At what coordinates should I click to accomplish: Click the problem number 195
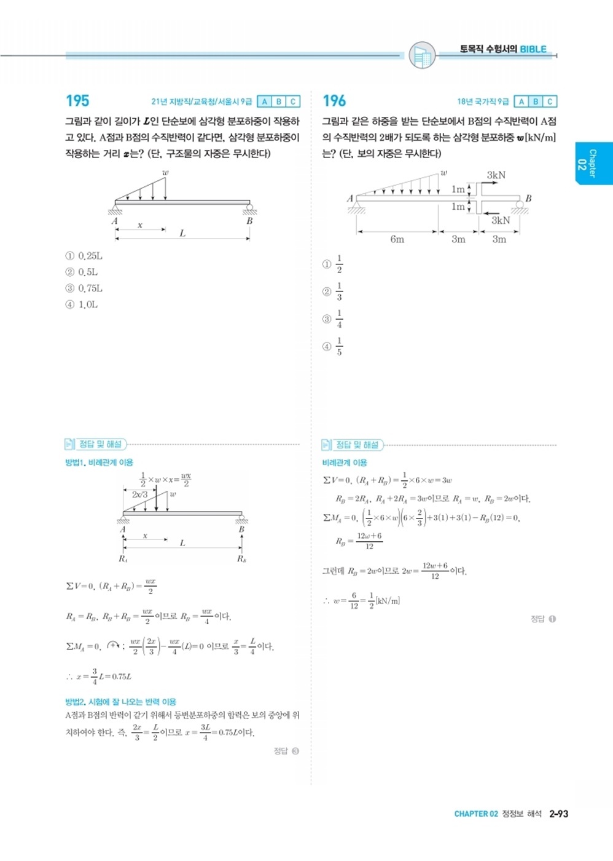tap(77, 101)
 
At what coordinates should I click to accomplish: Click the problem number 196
tap(334, 101)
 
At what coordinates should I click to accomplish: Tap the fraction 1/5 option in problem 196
tap(339, 346)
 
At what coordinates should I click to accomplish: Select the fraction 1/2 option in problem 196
tap(339, 264)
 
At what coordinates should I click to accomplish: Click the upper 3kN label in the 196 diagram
tap(496, 175)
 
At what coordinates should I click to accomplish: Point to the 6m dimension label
tap(397, 239)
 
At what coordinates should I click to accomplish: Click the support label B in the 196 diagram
tap(528, 199)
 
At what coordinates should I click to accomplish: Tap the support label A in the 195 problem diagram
tap(114, 221)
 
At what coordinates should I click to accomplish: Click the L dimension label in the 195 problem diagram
tap(182, 234)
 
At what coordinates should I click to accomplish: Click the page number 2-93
tap(558, 814)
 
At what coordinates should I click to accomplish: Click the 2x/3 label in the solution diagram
tap(139, 494)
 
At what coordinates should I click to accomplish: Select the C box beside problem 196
tap(550, 101)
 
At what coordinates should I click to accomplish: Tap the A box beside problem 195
tap(264, 101)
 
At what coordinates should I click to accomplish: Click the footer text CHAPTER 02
tap(476, 814)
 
